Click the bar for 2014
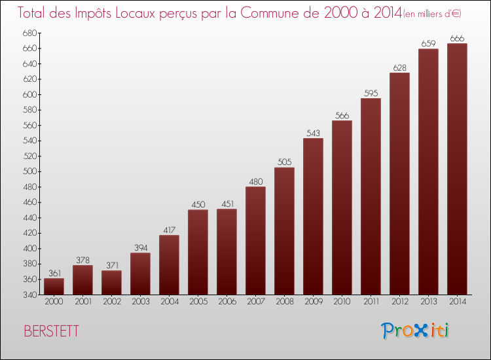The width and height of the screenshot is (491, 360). click(x=457, y=169)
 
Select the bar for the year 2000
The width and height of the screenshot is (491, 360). click(x=54, y=287)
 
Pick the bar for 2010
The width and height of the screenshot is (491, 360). click(x=342, y=207)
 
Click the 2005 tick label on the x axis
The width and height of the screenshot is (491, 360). click(x=198, y=302)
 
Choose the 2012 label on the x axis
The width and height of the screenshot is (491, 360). click(x=399, y=302)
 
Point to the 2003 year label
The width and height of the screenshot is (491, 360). click(x=140, y=302)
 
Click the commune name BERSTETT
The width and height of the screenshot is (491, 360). click(x=51, y=331)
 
